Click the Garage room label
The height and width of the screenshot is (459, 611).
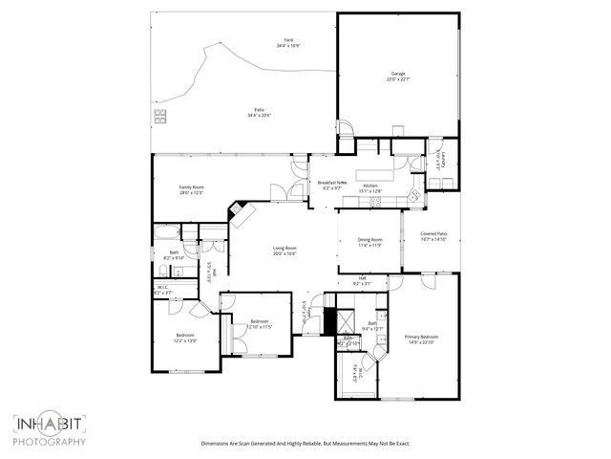tap(399, 76)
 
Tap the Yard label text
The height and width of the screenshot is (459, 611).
tap(286, 43)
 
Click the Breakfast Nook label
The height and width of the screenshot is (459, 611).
tap(332, 185)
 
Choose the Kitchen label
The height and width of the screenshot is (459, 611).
tap(370, 187)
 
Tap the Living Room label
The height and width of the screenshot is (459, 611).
tap(284, 251)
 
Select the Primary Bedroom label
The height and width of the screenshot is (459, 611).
tap(421, 339)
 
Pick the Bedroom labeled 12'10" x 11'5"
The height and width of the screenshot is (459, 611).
tap(260, 323)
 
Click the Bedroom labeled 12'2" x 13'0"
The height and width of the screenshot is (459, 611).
tap(185, 338)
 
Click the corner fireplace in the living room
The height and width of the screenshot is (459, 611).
tap(238, 214)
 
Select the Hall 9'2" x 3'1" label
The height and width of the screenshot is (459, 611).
tap(363, 280)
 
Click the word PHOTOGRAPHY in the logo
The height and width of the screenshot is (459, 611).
tap(50, 442)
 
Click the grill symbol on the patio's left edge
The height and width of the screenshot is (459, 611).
tap(158, 119)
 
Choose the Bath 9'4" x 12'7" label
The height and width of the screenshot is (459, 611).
tap(372, 326)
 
